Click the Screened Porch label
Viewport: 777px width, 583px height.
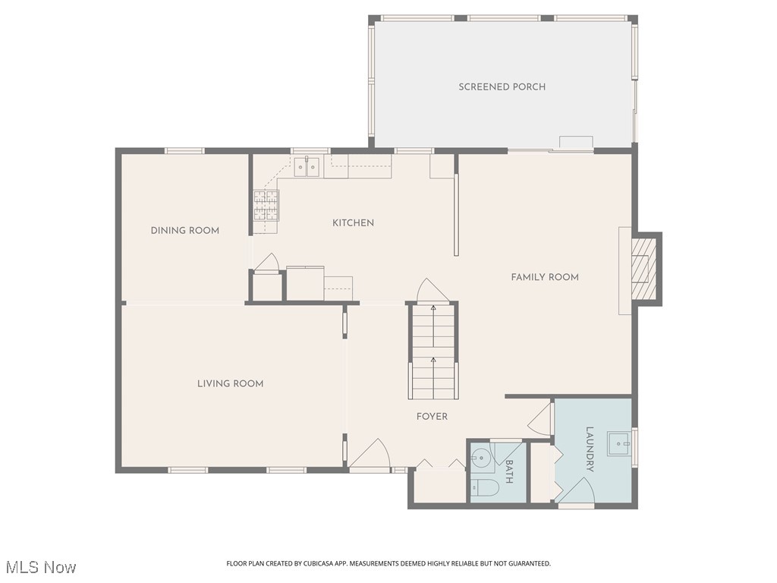502,87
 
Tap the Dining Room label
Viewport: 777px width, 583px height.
184,231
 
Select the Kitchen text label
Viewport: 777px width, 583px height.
353,223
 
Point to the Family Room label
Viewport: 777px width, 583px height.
544,277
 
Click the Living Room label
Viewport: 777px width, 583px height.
230,384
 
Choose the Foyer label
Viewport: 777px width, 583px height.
432,417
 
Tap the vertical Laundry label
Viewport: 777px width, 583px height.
590,449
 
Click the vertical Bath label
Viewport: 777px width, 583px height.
508,471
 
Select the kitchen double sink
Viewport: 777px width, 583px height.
307,167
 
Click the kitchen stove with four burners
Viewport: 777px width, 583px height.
266,205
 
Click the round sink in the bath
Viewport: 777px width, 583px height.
480,459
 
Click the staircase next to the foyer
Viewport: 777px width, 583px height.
433,351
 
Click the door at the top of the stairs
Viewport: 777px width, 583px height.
430,291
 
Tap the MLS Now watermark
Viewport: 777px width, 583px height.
39,567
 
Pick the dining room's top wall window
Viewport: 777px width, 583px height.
185,150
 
